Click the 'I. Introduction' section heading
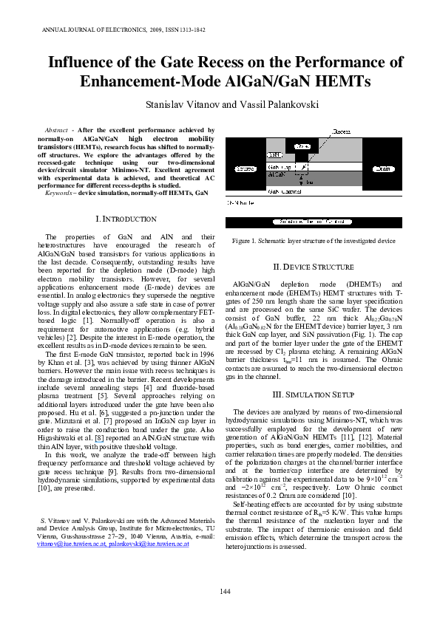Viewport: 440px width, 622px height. [126, 219]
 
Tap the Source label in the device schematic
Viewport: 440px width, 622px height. [243, 168]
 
